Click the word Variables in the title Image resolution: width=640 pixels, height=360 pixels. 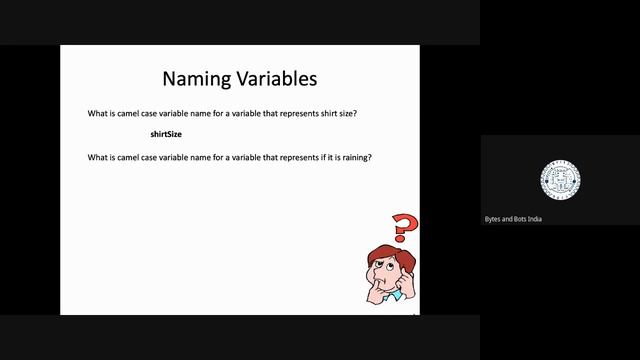(x=273, y=78)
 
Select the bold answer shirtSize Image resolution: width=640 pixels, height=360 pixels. (x=166, y=134)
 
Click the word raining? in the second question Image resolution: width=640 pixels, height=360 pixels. (x=354, y=157)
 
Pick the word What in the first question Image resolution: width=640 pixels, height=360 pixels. (x=99, y=113)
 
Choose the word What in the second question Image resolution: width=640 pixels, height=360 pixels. (x=99, y=157)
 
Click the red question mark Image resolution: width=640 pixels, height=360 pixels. (x=402, y=229)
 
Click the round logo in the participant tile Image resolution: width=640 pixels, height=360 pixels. (x=560, y=179)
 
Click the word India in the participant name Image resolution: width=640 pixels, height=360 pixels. (x=535, y=218)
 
